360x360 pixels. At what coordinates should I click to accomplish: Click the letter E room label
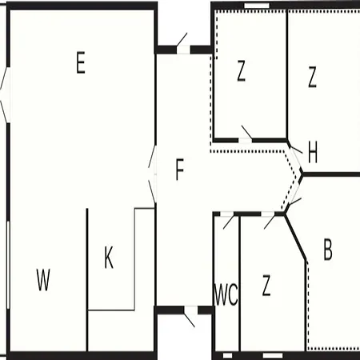81,62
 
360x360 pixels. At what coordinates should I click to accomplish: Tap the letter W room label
43,280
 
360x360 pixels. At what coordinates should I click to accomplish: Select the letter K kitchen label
109,258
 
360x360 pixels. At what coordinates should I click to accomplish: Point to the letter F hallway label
180,170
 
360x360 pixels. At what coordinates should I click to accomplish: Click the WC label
226,294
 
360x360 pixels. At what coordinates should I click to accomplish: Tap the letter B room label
328,250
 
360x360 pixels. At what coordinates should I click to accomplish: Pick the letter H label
313,152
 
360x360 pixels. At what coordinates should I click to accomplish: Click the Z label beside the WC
266,286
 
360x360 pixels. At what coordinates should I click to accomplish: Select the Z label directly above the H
312,77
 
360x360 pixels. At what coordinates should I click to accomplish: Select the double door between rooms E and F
153,174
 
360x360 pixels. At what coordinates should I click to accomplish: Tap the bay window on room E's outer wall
6,94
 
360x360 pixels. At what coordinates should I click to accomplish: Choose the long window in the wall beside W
8,265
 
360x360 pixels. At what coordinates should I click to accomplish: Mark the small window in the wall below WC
227,355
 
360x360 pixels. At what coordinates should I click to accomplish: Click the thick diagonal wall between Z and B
295,237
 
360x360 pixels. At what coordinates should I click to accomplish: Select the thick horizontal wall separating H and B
330,174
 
